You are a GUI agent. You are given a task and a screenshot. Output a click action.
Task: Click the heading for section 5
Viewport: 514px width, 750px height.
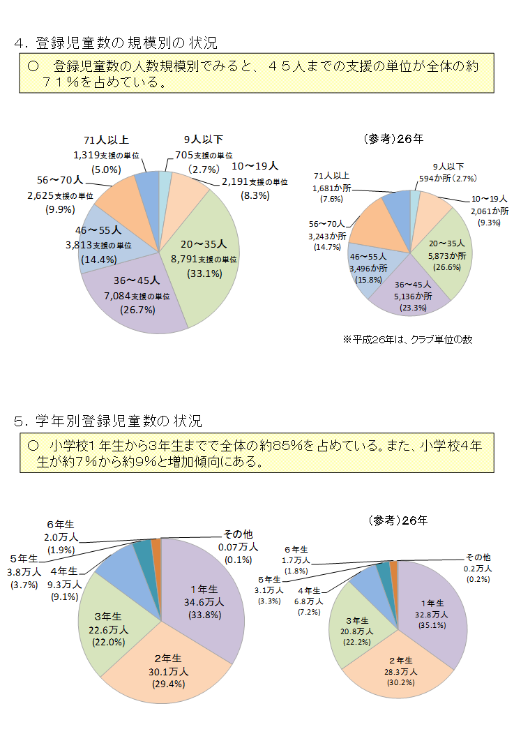tap(108, 421)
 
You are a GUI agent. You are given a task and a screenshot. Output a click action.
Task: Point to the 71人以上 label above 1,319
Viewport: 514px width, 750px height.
tap(106, 140)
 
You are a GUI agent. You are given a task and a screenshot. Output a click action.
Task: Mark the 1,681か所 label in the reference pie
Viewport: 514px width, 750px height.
tap(333, 188)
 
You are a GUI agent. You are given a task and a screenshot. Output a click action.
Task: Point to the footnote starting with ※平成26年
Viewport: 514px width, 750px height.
tap(408, 340)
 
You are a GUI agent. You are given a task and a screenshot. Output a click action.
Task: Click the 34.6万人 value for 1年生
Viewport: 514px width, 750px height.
tap(203, 601)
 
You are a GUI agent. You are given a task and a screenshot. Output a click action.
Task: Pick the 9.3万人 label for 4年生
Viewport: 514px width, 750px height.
tap(64, 584)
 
